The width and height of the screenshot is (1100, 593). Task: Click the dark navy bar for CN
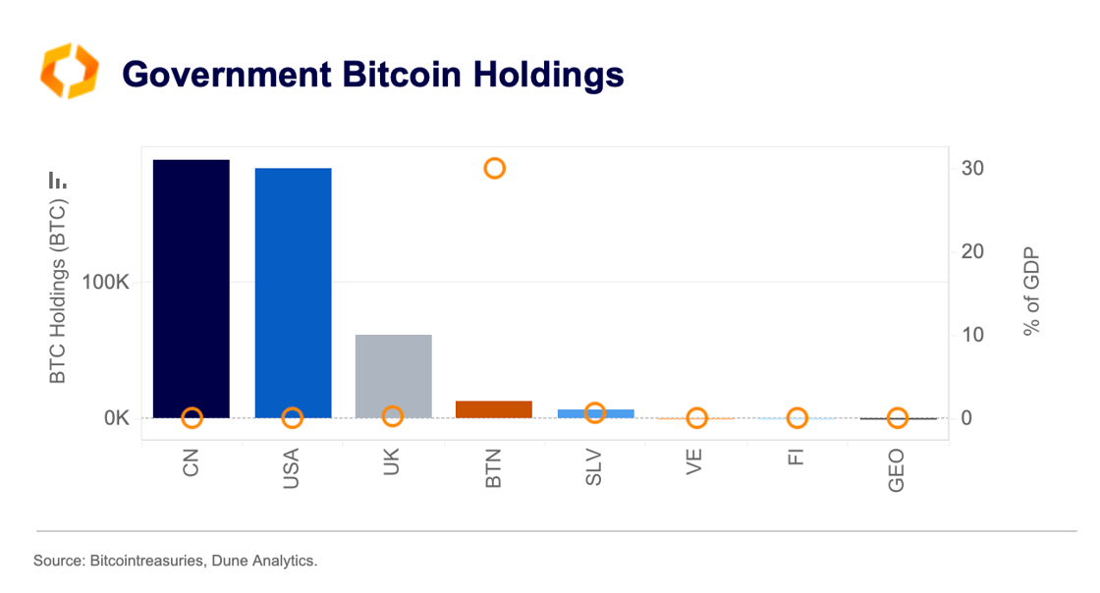[x=192, y=285]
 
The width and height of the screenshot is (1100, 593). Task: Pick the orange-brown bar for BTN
[x=494, y=408]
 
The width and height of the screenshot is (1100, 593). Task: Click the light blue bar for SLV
[x=595, y=413]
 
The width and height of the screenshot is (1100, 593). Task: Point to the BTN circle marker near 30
[x=494, y=168]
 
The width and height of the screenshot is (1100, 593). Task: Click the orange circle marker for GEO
[x=898, y=418]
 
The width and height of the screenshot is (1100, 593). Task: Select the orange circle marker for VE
[x=696, y=418]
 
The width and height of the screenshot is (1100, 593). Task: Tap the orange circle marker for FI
[x=797, y=418]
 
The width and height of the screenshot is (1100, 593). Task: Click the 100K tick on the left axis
[x=105, y=284]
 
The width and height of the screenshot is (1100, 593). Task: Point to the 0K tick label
[x=117, y=418]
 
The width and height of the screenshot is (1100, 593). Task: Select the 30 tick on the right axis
[x=972, y=168]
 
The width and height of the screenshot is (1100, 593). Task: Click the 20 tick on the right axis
[x=972, y=251]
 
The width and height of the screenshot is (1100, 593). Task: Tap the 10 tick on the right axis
[x=972, y=335]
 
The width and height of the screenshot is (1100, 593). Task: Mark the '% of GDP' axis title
[x=1031, y=293]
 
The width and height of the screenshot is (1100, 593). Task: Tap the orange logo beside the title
[x=69, y=71]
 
